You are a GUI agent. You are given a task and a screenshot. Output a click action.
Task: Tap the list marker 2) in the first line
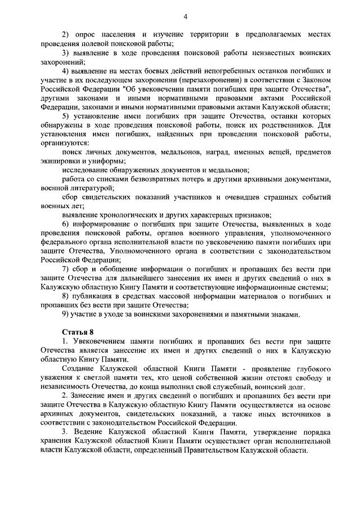(x=66, y=34)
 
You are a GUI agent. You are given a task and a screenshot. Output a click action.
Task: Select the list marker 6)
(x=66, y=224)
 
